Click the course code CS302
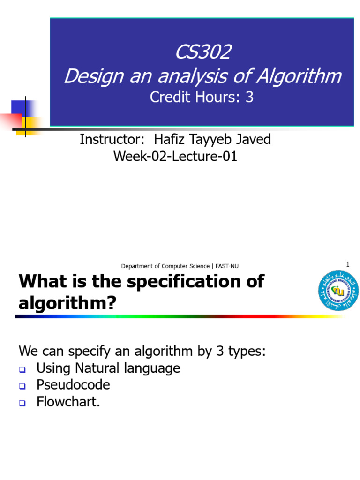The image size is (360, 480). pos(202,52)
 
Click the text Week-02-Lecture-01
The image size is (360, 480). pos(175,156)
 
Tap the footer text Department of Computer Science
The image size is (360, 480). pos(165,266)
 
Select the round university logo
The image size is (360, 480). pos(338,291)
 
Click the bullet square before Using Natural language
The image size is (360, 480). pos(22,369)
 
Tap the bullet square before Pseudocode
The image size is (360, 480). pos(22,386)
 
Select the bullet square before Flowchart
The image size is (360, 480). pos(22,403)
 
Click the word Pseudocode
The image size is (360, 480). pos(73,385)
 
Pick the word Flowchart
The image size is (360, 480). pos(67,402)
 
